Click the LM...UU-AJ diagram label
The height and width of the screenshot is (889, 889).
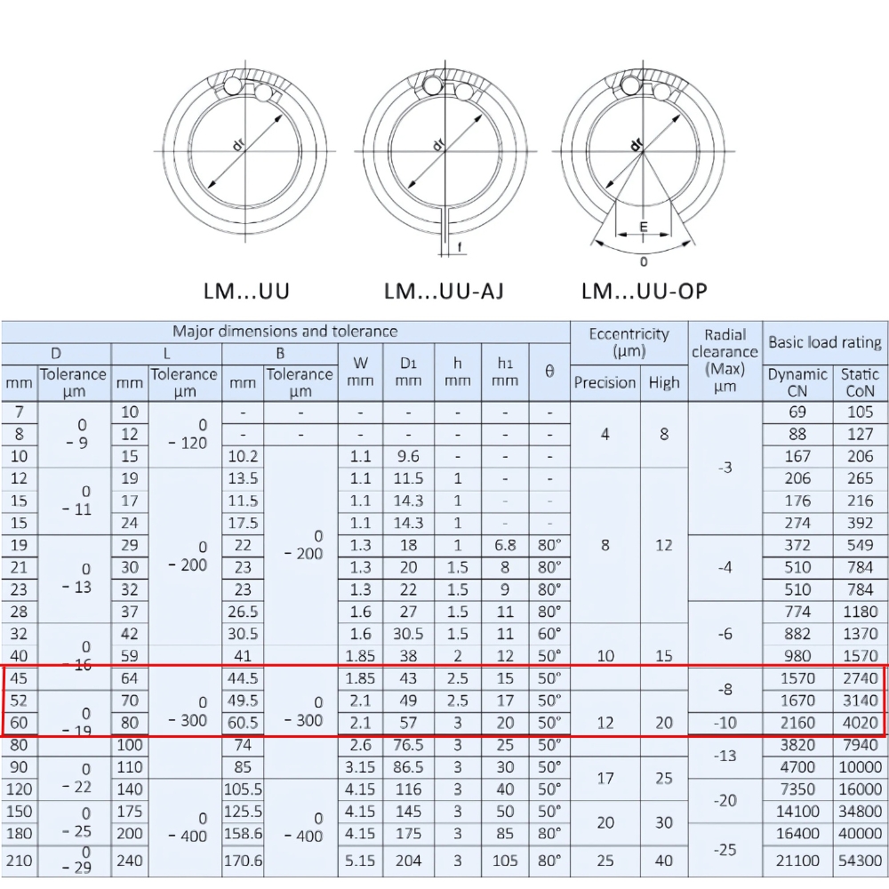pyautogui.click(x=444, y=291)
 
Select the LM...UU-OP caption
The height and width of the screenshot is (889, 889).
pyautogui.click(x=645, y=291)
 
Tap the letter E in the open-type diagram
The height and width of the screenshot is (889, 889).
pyautogui.click(x=644, y=228)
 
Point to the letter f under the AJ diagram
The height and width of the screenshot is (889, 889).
pyautogui.click(x=459, y=246)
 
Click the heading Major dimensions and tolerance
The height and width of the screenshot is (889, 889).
pyautogui.click(x=284, y=332)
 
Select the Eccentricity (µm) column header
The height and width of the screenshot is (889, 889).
pyautogui.click(x=629, y=342)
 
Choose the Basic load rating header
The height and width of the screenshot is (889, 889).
pyautogui.click(x=825, y=342)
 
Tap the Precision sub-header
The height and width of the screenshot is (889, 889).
pyautogui.click(x=605, y=382)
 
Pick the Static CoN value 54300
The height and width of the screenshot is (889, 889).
pyautogui.click(x=860, y=861)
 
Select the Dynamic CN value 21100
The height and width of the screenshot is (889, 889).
pyautogui.click(x=797, y=861)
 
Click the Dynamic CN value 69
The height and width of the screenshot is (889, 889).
pyautogui.click(x=797, y=412)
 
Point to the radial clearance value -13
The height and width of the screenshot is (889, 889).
pyautogui.click(x=725, y=756)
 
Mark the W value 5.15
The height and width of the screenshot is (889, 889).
pyautogui.click(x=360, y=861)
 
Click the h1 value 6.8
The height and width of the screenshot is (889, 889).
pyautogui.click(x=505, y=545)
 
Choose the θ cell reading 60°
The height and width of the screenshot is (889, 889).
pyautogui.click(x=549, y=634)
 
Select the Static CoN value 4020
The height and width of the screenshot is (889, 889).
pyautogui.click(x=860, y=723)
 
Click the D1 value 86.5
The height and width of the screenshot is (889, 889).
pyautogui.click(x=408, y=767)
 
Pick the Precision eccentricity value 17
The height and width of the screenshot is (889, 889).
pyautogui.click(x=605, y=778)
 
